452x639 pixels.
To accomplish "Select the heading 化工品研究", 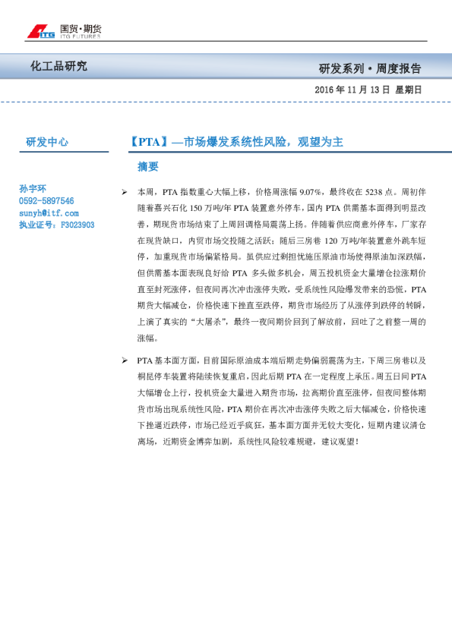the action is (58, 66).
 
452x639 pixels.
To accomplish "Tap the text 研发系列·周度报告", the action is (371, 68).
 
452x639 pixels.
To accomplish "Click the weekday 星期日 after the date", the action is (408, 90).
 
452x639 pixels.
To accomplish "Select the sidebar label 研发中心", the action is (47, 141).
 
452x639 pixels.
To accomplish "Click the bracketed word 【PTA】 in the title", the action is (145, 142).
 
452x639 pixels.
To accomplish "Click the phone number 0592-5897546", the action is (46, 201).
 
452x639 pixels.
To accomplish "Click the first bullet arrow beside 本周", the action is (125, 193).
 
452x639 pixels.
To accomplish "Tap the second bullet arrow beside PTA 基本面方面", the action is (125, 360).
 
